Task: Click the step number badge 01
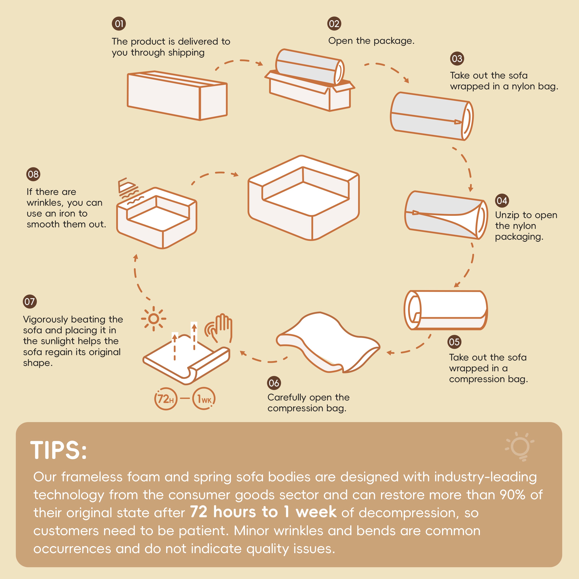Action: pyautogui.click(x=119, y=24)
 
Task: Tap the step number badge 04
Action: pyautogui.click(x=502, y=201)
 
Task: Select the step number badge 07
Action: pyautogui.click(x=30, y=301)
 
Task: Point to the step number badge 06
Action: pyautogui.click(x=274, y=383)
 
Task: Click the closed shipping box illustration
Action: pyautogui.click(x=177, y=96)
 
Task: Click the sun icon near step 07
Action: pyautogui.click(x=154, y=319)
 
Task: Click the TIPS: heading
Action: pyautogui.click(x=59, y=450)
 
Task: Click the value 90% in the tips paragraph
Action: pyautogui.click(x=512, y=495)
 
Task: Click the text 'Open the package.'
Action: pyautogui.click(x=371, y=41)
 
